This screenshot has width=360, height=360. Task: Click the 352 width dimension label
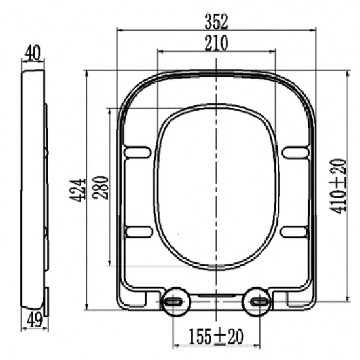coord(216,22)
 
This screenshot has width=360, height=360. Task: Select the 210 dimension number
coord(216,43)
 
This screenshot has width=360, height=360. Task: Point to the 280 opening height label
coord(100,188)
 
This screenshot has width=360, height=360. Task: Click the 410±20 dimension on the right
coord(338,186)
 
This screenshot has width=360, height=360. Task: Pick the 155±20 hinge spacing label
coord(216,336)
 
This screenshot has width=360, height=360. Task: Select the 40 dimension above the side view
coord(32,52)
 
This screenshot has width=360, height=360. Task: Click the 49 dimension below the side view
coord(35,320)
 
